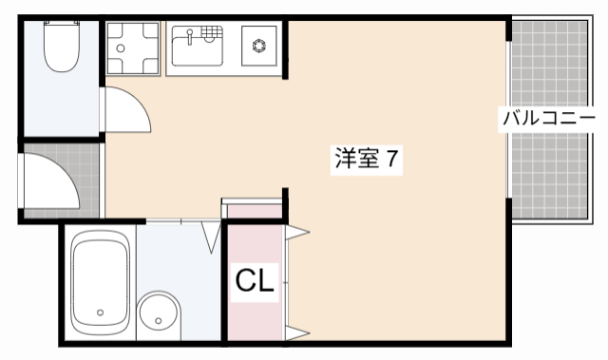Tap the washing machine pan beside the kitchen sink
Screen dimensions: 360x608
click(132, 47)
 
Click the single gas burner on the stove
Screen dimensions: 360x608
click(259, 45)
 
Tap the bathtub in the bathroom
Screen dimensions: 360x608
click(100, 282)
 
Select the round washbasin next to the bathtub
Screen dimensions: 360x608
click(158, 313)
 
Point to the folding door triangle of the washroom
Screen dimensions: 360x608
click(211, 237)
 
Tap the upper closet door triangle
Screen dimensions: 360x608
click(296, 231)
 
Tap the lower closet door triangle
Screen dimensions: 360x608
click(296, 332)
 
